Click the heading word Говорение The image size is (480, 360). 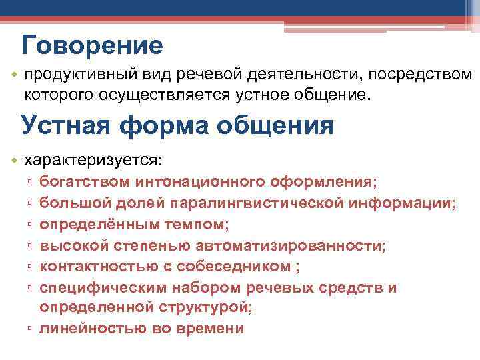pos(92,46)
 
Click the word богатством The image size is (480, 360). pos(85,181)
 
